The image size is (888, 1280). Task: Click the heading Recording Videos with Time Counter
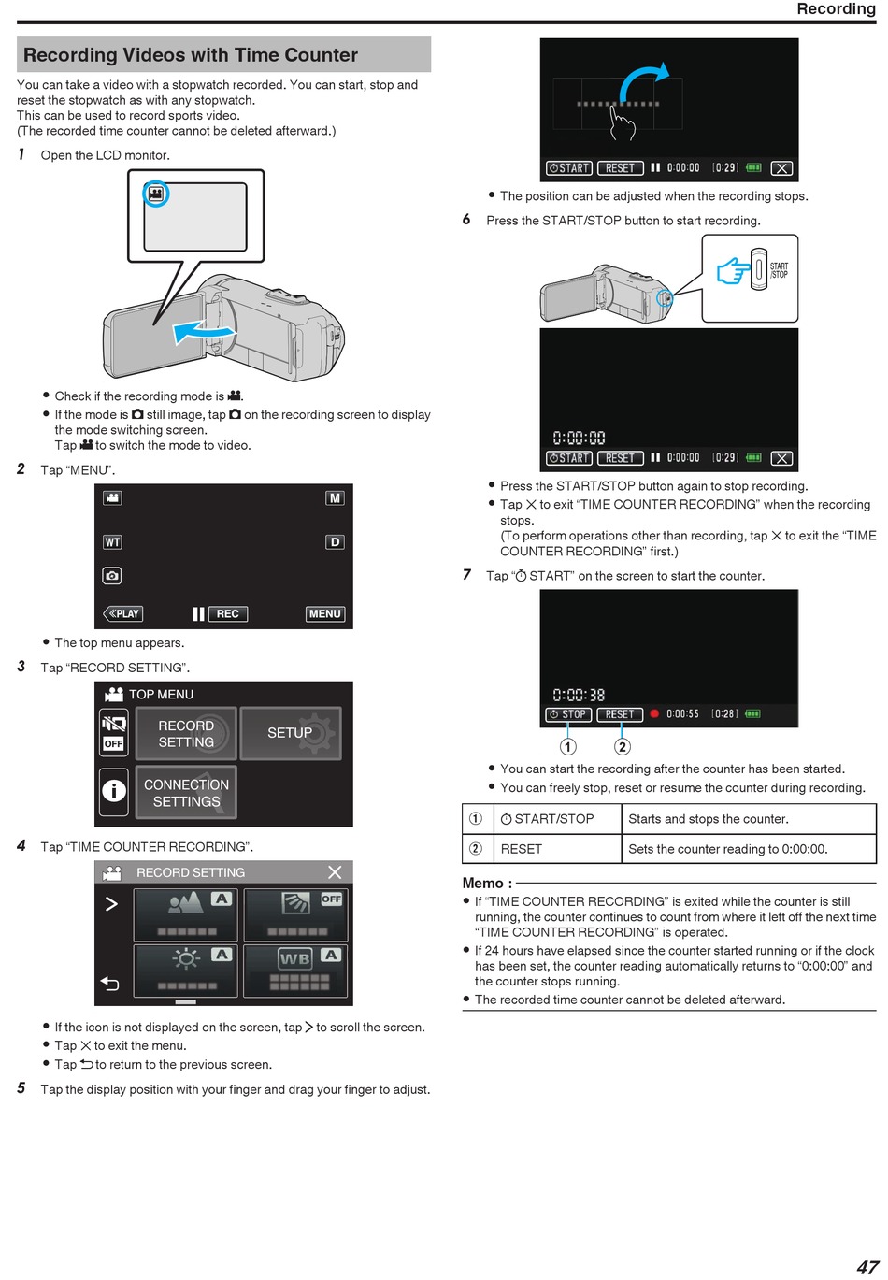tap(191, 55)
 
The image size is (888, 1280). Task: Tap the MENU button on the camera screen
tap(324, 613)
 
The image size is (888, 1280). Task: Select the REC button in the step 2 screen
tap(227, 613)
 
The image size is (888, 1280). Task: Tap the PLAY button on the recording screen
tap(123, 613)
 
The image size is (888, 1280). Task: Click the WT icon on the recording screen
tap(112, 541)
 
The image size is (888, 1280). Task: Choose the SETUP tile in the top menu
tap(291, 733)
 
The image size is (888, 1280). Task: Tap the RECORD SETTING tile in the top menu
tap(186, 733)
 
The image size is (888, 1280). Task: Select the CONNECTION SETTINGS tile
tap(186, 793)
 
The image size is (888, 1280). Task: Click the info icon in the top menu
tap(114, 791)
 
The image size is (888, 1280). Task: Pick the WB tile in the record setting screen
tap(295, 971)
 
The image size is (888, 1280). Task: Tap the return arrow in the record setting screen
tap(109, 984)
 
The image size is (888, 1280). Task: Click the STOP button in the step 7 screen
tap(568, 713)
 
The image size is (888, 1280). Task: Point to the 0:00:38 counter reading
tap(579, 695)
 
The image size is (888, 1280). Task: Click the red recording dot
tap(654, 713)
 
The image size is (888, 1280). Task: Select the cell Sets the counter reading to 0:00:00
tap(749, 849)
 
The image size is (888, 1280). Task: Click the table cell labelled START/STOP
tap(557, 818)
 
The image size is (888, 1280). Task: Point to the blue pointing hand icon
tap(733, 270)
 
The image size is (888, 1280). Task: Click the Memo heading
tap(487, 883)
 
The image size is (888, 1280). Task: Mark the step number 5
tap(21, 1087)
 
